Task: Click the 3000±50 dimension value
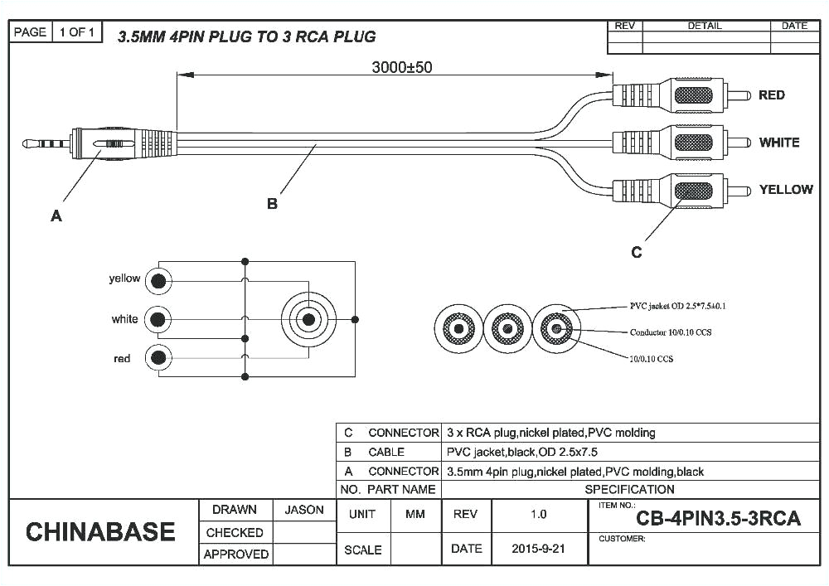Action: coord(401,67)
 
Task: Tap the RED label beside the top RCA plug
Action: coord(771,95)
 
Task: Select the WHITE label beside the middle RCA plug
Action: coord(778,143)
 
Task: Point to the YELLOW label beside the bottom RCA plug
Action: coord(785,190)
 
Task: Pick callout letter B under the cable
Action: coord(272,203)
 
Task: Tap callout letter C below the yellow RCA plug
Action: coord(636,252)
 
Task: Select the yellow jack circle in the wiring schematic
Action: coord(158,281)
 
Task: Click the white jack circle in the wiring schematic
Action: coord(158,319)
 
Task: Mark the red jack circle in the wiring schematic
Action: coord(158,358)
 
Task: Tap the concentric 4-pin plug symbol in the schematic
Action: coord(308,319)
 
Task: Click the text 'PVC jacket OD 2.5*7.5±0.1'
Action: coord(677,306)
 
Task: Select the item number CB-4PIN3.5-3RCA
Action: coord(718,519)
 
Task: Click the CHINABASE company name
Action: coord(100,531)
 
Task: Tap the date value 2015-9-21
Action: coord(538,549)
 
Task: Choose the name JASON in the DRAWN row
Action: coord(303,510)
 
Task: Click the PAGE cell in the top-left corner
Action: coord(30,32)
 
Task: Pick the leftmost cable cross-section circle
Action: coord(457,329)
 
